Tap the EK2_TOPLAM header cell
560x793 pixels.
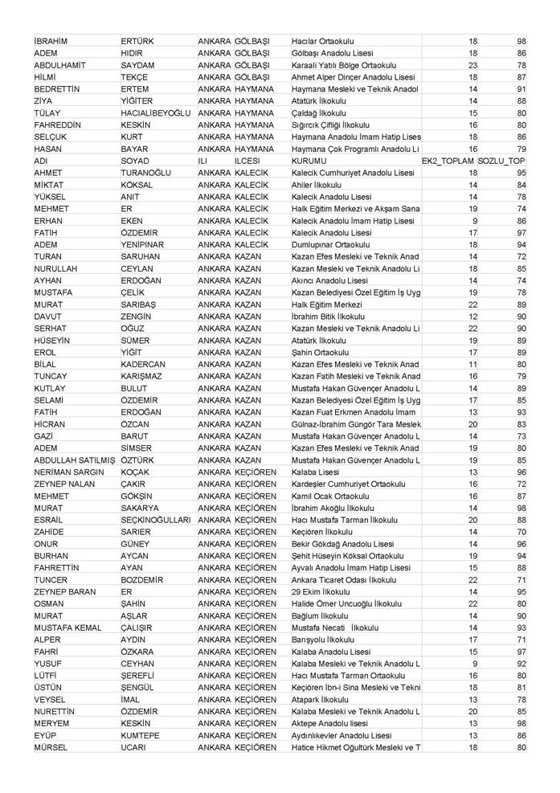[448, 161]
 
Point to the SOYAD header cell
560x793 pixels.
[136, 161]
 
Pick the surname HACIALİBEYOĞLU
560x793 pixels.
[156, 113]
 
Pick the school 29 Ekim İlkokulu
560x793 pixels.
[322, 592]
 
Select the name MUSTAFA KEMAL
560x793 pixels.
[69, 627]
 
